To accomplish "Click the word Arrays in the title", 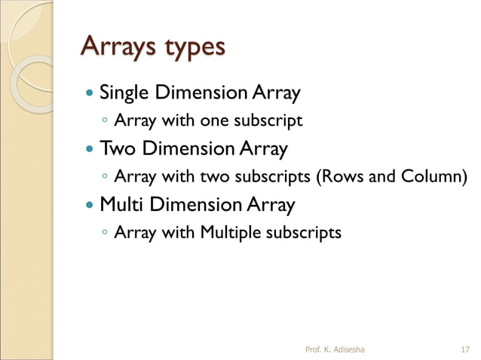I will coord(117,46).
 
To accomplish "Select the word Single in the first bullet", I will coord(124,94).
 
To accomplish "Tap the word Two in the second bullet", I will coord(116,148).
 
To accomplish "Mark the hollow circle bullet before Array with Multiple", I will coord(104,233).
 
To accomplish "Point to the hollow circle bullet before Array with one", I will coord(104,121).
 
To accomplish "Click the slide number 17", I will coord(464,348).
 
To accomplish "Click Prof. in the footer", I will coord(313,348).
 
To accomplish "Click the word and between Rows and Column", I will coord(381,176).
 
